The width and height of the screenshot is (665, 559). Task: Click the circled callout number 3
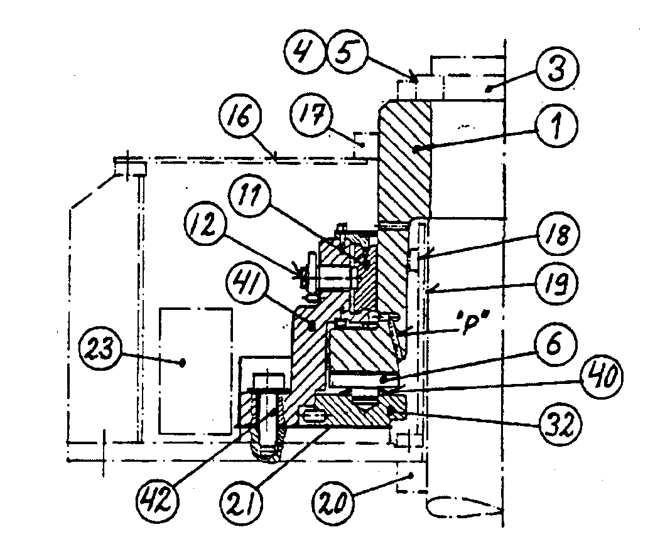click(557, 69)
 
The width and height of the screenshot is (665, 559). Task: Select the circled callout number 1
click(556, 125)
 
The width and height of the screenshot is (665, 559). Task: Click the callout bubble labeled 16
click(241, 115)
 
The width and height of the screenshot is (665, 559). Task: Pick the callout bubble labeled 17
click(311, 114)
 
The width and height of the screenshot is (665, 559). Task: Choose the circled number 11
click(250, 196)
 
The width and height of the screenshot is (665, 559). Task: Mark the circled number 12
click(206, 225)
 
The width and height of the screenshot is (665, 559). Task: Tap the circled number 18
click(557, 233)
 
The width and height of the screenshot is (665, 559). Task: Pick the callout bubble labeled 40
click(602, 377)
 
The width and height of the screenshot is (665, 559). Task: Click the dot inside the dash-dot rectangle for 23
click(183, 363)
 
